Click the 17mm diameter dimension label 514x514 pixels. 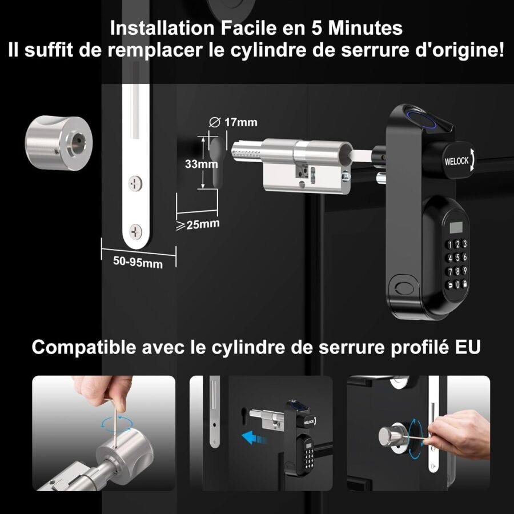point(233,122)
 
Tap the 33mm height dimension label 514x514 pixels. point(201,163)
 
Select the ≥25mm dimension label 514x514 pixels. point(198,224)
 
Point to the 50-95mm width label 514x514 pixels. point(138,262)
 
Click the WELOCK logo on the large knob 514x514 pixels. point(456,161)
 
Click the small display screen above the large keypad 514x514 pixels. point(456,227)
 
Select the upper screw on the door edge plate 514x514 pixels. point(135,183)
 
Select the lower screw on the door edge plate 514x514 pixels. point(136,231)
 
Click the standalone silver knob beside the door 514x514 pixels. point(59,143)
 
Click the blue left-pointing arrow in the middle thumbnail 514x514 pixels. point(253,437)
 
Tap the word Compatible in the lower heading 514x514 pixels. point(84,347)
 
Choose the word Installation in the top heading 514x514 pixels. point(162,28)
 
